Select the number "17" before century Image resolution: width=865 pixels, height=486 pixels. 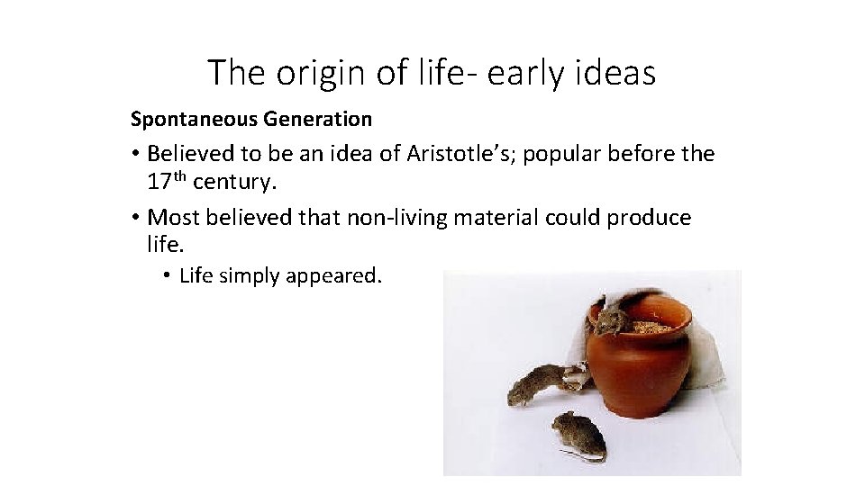click(x=159, y=182)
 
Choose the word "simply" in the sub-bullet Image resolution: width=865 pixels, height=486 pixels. click(x=250, y=275)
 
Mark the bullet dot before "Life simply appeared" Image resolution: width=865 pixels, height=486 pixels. click(x=168, y=275)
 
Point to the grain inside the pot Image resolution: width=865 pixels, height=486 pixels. click(x=651, y=327)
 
